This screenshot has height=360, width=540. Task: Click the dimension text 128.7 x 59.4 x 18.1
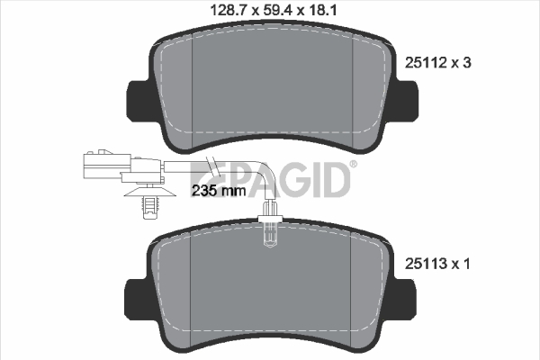(274, 10)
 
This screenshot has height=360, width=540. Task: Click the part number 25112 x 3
(437, 63)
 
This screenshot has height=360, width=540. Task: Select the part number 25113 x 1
(437, 264)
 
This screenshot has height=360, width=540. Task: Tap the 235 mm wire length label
(219, 191)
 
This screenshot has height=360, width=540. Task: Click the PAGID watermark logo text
(271, 179)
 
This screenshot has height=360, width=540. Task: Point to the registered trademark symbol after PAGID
(354, 165)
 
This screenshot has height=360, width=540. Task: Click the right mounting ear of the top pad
(407, 101)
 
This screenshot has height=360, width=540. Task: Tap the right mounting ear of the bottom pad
(404, 300)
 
